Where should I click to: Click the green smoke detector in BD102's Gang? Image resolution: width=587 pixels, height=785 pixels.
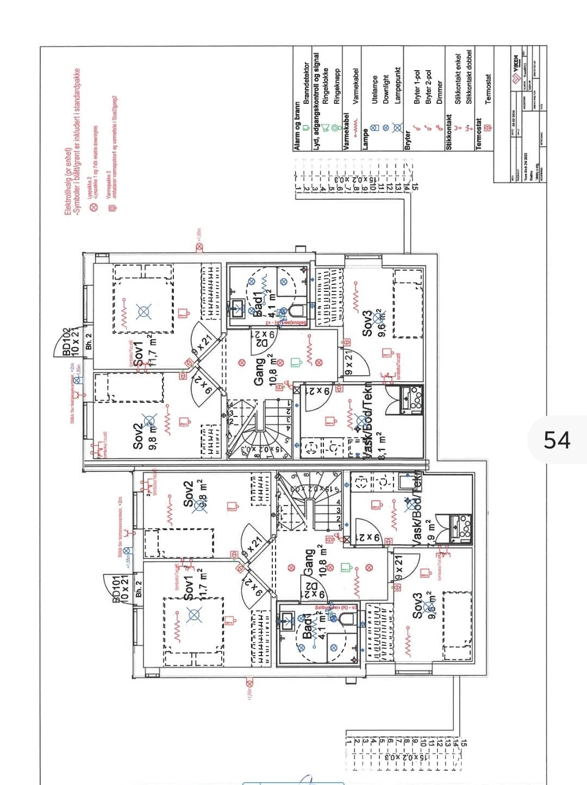[x=295, y=362]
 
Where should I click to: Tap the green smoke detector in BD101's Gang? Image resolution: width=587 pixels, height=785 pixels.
[x=345, y=567]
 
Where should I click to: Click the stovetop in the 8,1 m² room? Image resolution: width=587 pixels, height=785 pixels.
[x=415, y=401]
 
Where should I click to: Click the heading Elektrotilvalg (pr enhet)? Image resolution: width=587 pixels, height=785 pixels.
[x=68, y=182]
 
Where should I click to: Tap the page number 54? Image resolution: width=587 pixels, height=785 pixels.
[x=557, y=440]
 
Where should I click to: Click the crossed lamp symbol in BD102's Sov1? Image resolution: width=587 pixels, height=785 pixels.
[x=143, y=311]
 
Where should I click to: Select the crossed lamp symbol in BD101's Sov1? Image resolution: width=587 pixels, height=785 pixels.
[x=194, y=615]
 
